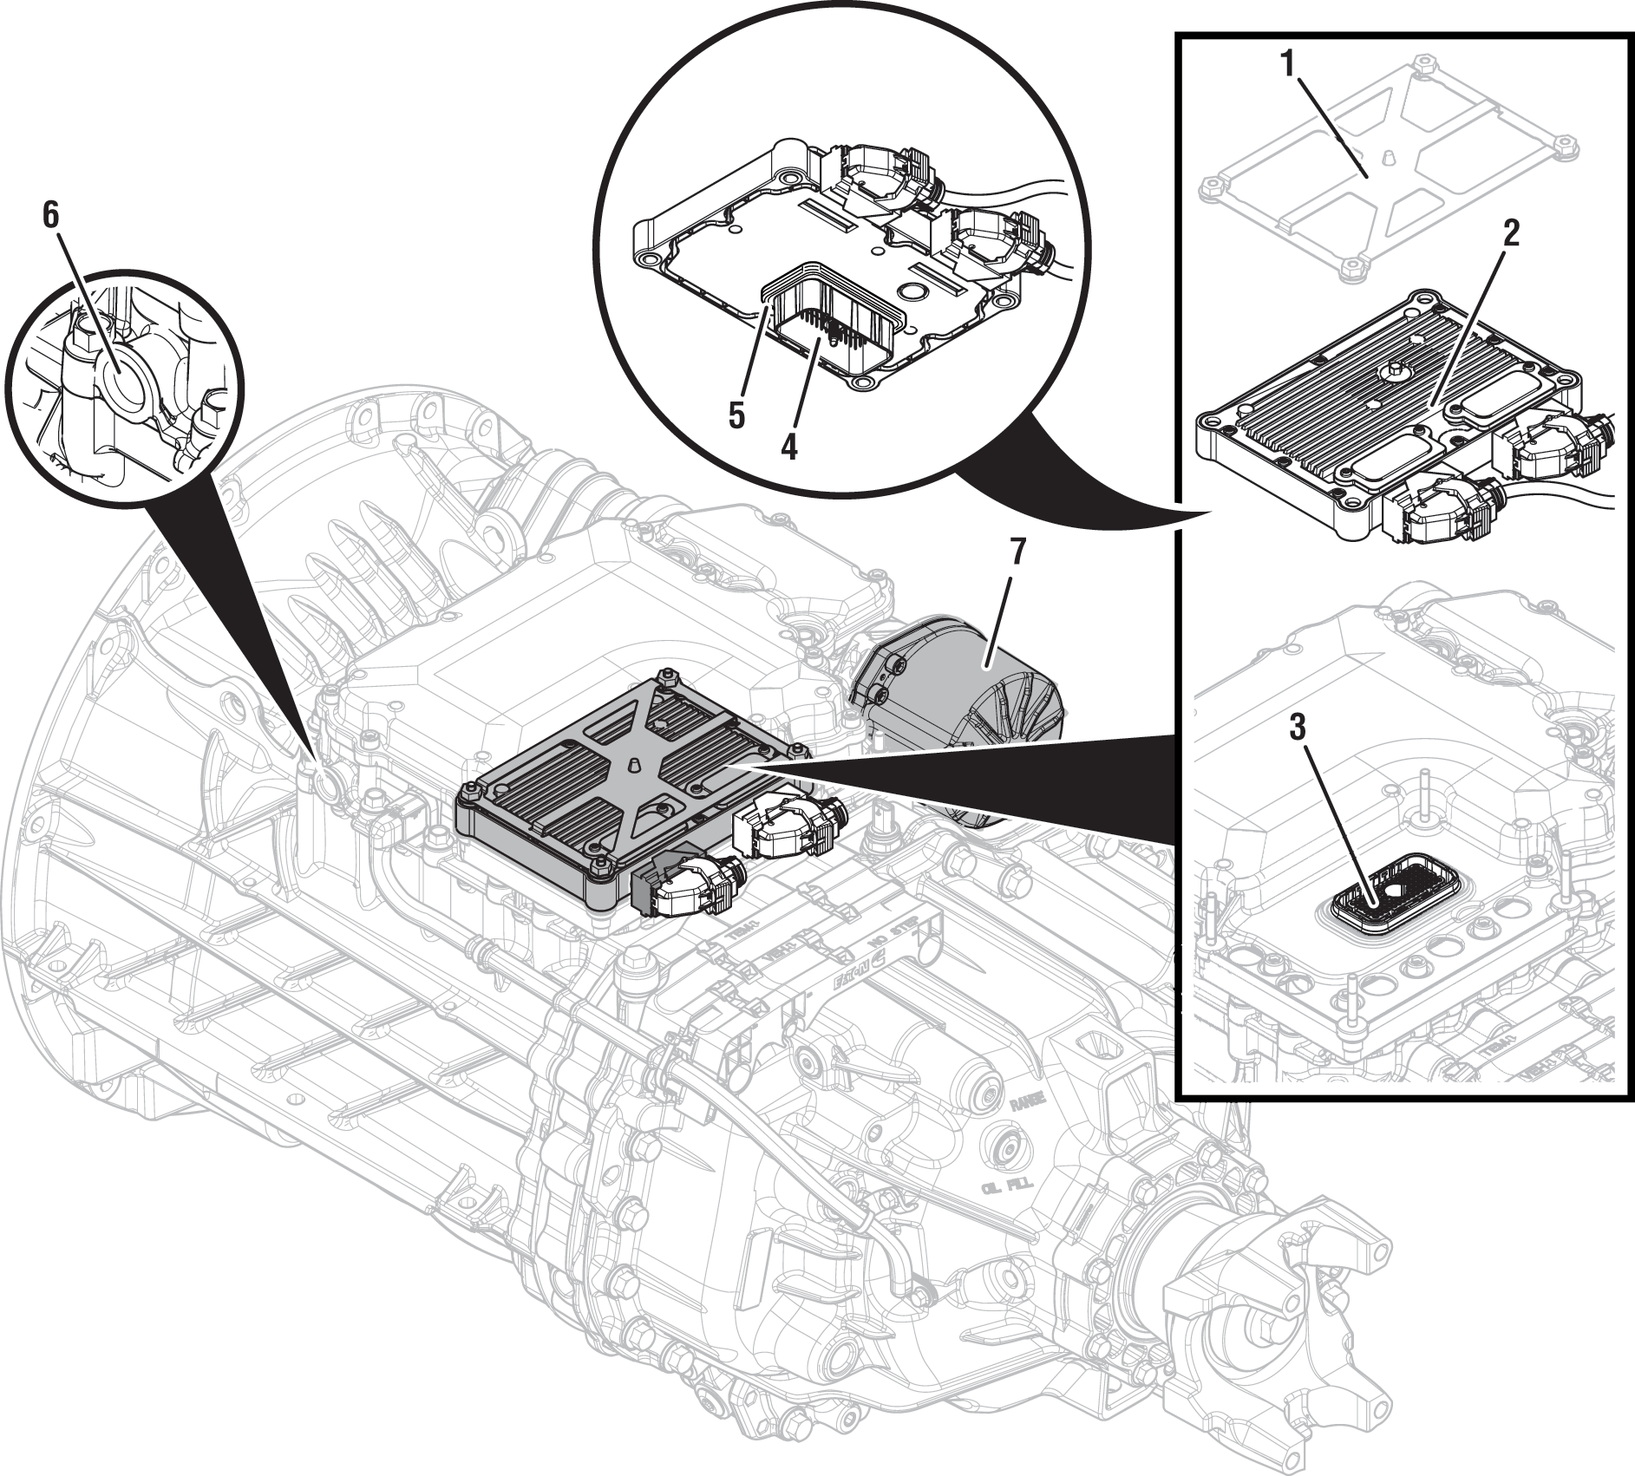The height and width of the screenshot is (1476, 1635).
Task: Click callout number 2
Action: click(x=1509, y=235)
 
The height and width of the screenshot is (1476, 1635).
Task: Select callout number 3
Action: click(x=1296, y=728)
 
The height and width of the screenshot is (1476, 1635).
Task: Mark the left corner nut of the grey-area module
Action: click(x=468, y=787)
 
